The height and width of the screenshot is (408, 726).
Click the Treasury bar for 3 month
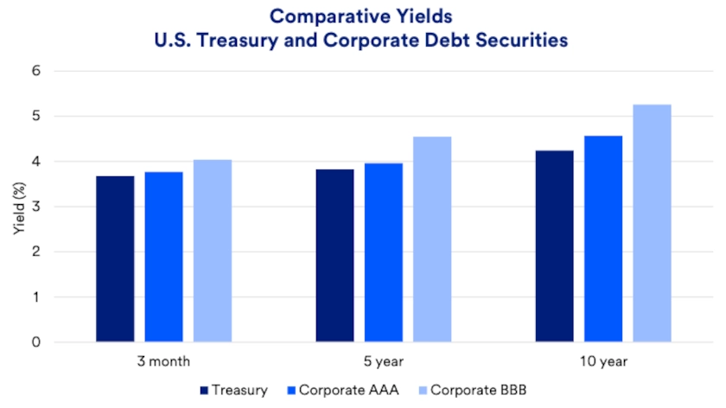pos(115,259)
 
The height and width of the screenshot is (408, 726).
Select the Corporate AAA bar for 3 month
pos(163,257)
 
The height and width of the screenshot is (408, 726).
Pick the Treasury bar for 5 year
pos(334,256)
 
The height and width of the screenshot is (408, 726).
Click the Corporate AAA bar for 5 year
pos(383,252)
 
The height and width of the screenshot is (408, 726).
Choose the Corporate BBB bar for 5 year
pos(432,239)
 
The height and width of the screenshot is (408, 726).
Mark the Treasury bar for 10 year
pos(554,246)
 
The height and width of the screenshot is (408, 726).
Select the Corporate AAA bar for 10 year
pos(603,239)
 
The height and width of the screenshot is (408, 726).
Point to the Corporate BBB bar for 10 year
pos(652,223)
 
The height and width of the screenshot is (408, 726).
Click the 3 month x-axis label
pos(163,361)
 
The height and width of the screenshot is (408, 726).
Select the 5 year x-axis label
pos(384,361)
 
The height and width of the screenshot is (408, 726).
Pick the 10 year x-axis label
pos(603,361)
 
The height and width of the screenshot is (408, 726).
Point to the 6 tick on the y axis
pos(60,71)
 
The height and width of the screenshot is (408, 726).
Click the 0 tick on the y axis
pos(60,342)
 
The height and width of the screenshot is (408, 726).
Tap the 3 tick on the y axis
pos(60,207)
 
